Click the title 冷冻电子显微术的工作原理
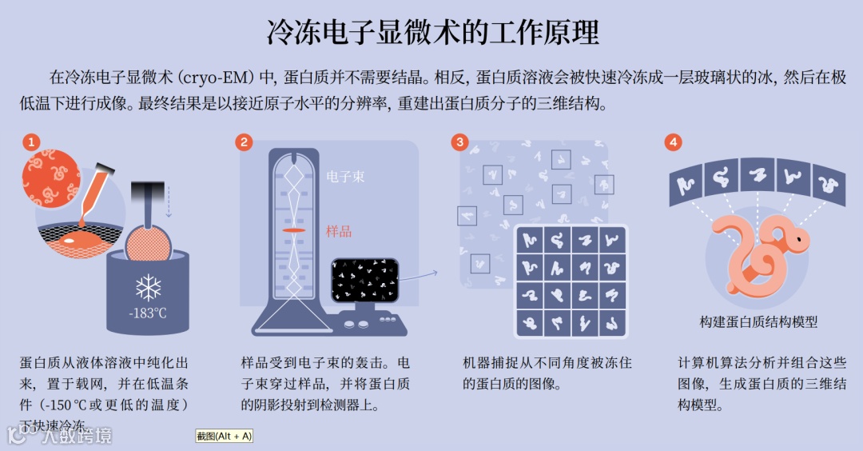point(432,33)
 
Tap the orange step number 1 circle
point(30,142)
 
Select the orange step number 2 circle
point(244,142)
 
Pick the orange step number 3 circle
point(459,142)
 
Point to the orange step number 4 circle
point(674,142)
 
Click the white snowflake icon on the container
point(148,286)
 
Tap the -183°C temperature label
point(148,313)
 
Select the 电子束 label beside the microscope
point(345,177)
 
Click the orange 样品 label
point(339,231)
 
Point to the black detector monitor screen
point(364,279)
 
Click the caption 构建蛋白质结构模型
point(758,321)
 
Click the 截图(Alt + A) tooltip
point(224,436)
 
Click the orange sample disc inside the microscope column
point(295,230)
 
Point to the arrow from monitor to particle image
point(419,275)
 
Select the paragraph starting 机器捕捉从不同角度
point(547,373)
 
